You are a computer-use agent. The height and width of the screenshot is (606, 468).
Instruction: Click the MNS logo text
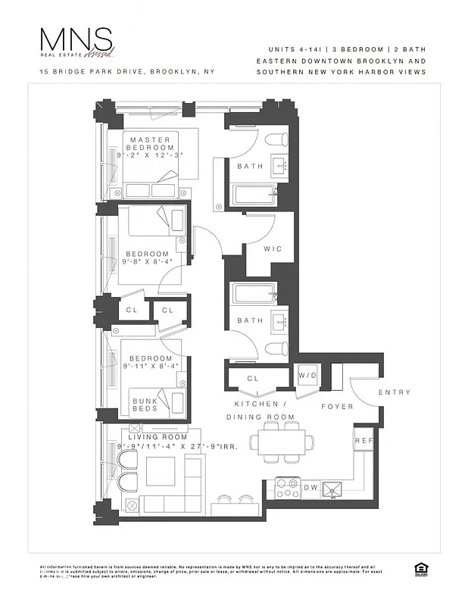[x=76, y=42]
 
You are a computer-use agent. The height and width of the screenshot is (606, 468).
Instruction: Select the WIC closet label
[x=273, y=248]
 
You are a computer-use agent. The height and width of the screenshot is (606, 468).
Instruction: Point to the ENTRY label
[x=395, y=392]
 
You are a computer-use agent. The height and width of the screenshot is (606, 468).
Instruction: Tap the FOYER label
[x=337, y=407]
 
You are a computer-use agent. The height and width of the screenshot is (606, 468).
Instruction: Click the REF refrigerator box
[x=363, y=440]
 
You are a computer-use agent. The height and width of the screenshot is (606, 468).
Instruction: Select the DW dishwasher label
[x=310, y=489]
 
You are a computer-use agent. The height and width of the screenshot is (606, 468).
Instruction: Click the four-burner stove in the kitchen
[x=288, y=489]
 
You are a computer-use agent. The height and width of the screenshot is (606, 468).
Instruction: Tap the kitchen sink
[x=333, y=490]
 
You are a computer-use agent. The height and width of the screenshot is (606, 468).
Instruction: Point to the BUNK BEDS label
[x=145, y=405]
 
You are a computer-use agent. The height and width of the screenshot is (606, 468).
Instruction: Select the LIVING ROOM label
[x=157, y=437]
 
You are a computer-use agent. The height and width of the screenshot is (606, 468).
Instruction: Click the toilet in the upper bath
[x=276, y=140]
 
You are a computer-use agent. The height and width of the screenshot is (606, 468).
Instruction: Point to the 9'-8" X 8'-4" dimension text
[x=148, y=262]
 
